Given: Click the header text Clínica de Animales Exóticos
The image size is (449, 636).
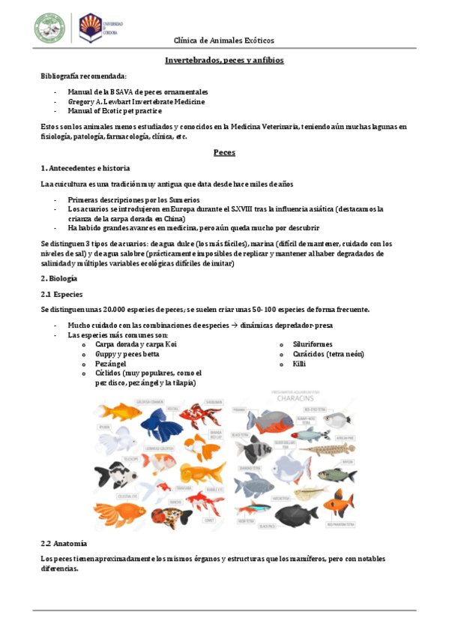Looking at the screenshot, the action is point(224,40).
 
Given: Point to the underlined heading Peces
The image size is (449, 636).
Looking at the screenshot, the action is point(224,152).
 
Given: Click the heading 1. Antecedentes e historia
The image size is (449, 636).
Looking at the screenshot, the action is point(85,168).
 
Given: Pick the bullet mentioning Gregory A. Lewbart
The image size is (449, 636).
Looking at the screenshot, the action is point(136,101).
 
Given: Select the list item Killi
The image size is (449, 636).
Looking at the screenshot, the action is point(300,364).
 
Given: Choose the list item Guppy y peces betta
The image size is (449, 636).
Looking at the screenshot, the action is point(127,354).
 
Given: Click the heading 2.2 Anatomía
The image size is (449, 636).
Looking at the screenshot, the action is point(64,543).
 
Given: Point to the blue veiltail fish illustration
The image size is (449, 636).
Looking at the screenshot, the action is point(158,424).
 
